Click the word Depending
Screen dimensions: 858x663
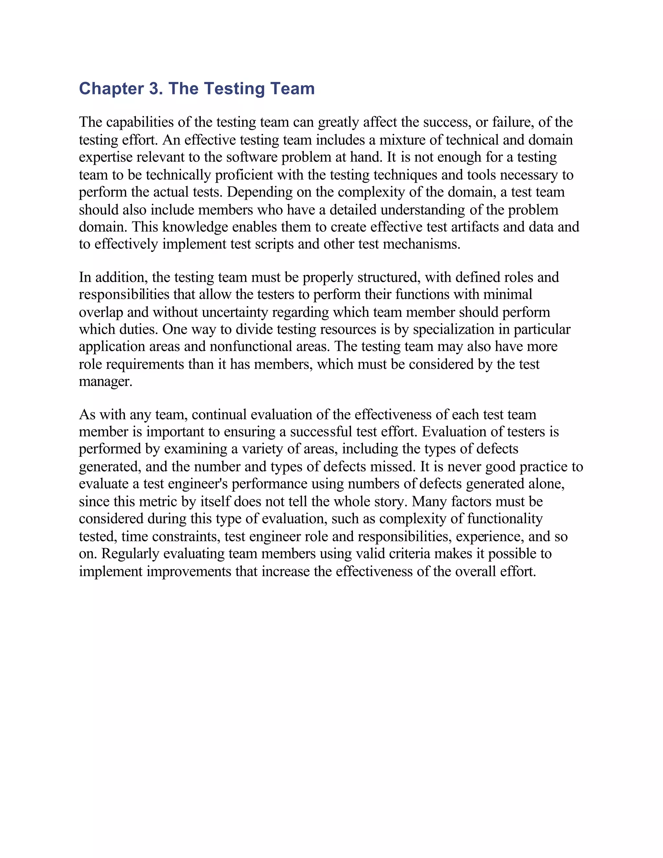(x=260, y=192)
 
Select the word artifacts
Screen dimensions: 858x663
(x=471, y=227)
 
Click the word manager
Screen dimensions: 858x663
(x=105, y=382)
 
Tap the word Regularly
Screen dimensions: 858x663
(x=130, y=554)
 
